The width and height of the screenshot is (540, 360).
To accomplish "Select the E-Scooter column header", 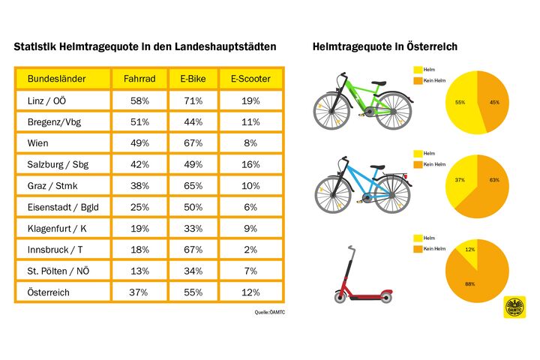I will coord(251,79).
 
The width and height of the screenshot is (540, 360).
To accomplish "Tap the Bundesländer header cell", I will coord(56,79).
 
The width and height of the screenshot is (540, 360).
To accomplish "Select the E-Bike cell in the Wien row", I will coord(193,142).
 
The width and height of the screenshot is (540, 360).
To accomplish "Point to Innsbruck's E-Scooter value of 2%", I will coord(250,249).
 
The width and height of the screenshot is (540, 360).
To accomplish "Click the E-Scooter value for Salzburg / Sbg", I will coord(250,164).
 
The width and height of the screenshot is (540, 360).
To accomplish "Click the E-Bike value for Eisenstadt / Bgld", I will coord(193,207).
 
